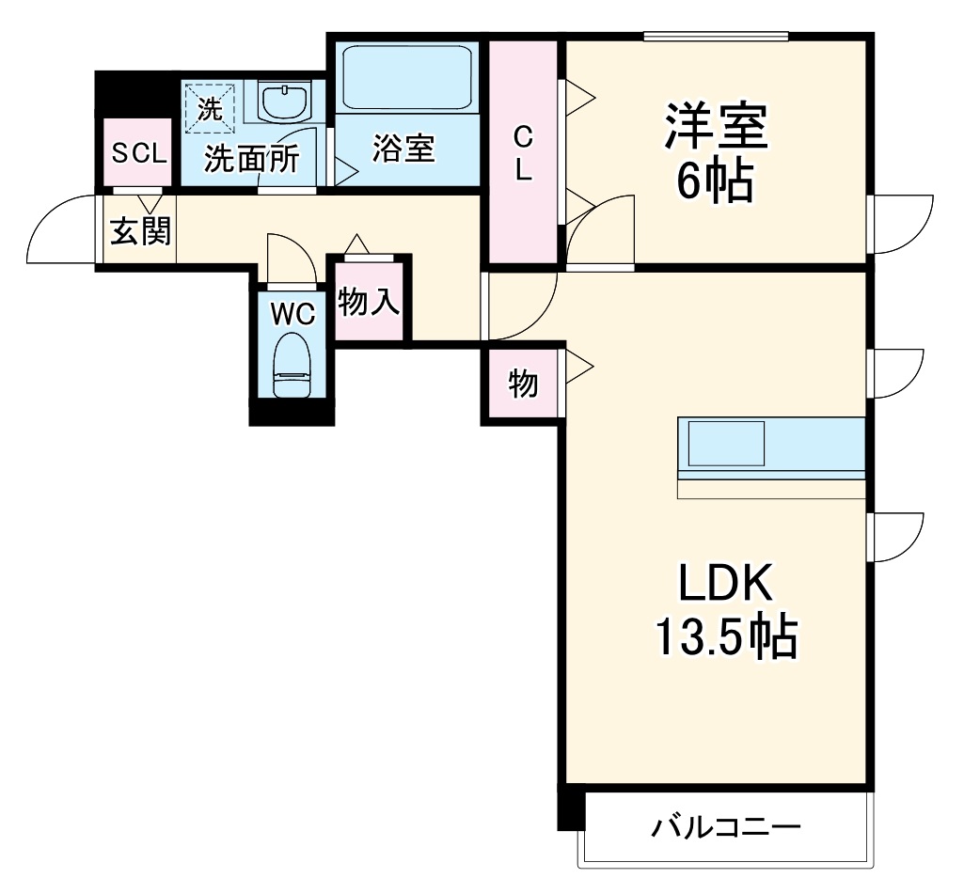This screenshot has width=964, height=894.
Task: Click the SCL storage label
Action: coord(138,152)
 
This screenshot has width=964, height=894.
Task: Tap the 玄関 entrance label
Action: coord(141,231)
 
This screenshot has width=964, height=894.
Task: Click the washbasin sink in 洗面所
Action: coord(283,102)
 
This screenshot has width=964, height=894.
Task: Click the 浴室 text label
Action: coord(403,149)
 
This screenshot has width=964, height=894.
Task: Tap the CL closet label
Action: coord(523,155)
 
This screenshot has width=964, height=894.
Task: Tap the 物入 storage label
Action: coord(370,303)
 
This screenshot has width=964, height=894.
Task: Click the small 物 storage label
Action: coord(524,384)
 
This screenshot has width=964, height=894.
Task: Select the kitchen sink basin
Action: coord(726,443)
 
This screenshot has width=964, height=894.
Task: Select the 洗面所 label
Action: coord(252,159)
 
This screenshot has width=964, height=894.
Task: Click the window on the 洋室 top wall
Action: coord(716,37)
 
